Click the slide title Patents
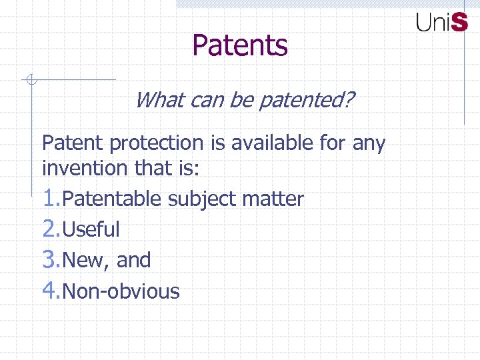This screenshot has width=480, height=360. click(240, 46)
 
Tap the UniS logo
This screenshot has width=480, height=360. click(442, 22)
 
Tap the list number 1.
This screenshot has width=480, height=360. click(50, 198)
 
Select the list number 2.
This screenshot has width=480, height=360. click(50, 229)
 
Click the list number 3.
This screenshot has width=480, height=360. click(50, 259)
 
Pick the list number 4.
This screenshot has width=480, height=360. click(50, 291)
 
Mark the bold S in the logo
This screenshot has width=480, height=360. click(459, 22)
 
